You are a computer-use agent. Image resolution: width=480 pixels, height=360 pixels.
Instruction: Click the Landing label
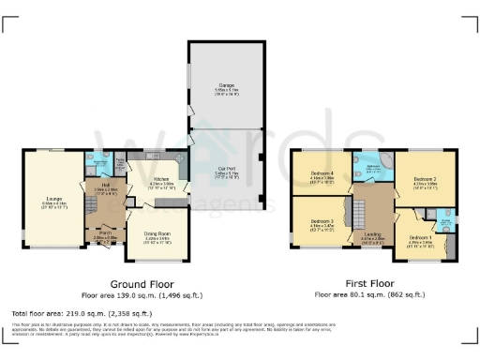click(373, 238)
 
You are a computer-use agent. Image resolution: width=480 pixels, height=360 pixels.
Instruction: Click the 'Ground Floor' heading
click(139, 283)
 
